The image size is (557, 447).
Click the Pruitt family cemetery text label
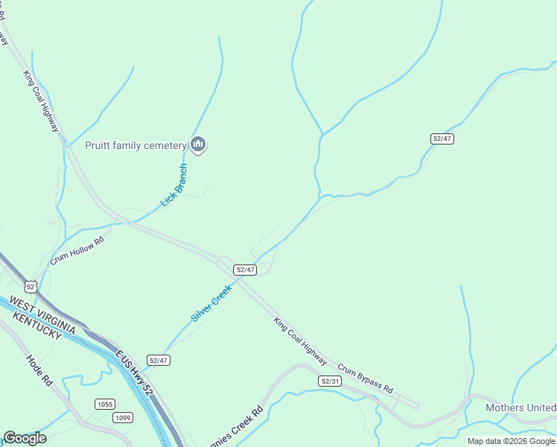coord(135,145)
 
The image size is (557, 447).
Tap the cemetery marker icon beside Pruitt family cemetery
coord(197,144)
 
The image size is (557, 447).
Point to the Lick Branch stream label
coord(174,186)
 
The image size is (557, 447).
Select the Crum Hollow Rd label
coord(77,250)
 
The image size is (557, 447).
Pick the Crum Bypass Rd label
coord(365,378)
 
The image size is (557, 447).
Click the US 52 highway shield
coord(30,286)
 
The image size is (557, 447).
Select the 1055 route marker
coord(105,404)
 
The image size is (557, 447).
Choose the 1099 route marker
coord(123,417)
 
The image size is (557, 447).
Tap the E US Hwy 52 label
coord(133,367)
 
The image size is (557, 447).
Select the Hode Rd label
coord(39,370)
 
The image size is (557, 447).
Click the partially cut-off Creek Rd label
coord(237,428)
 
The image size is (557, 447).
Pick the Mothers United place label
coord(521,408)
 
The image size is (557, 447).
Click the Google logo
coord(25,437)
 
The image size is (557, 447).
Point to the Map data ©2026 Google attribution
coord(511,441)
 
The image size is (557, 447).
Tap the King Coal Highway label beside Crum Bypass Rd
coord(300,341)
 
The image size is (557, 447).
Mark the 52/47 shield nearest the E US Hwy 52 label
coord(159,360)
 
